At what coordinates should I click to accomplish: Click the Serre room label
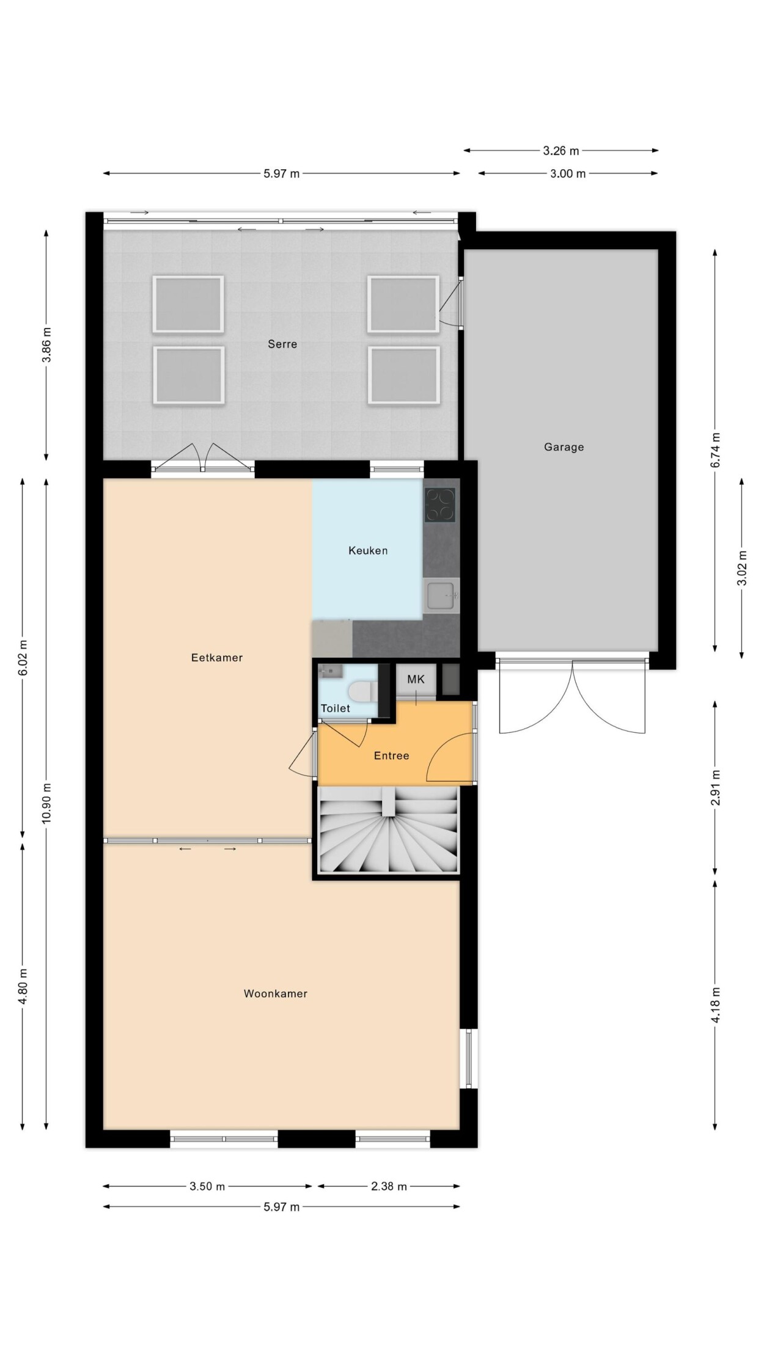[x=282, y=344]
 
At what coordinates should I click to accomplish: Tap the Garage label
[x=564, y=447]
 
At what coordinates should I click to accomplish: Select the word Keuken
[x=368, y=550]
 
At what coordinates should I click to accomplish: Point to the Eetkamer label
[x=217, y=658]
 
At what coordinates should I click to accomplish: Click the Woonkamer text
[x=276, y=994]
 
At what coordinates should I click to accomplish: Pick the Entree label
[x=391, y=755]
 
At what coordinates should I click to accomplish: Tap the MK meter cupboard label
[x=416, y=679]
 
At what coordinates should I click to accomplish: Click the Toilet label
[x=336, y=708]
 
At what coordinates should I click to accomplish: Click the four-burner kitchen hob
[x=440, y=505]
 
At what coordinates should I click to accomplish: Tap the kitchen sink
[x=440, y=596]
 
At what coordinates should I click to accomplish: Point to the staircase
[x=389, y=830]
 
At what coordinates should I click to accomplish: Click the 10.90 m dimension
[x=46, y=802]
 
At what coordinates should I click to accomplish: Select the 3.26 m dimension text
[x=561, y=150]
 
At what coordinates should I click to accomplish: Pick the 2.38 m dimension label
[x=389, y=1186]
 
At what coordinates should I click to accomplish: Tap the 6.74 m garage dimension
[x=715, y=450]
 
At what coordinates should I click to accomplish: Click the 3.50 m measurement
[x=207, y=1186]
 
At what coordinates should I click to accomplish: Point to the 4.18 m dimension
[x=715, y=1004]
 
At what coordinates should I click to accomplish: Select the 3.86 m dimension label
[x=46, y=345]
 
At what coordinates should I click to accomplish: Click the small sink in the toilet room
[x=331, y=672]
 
